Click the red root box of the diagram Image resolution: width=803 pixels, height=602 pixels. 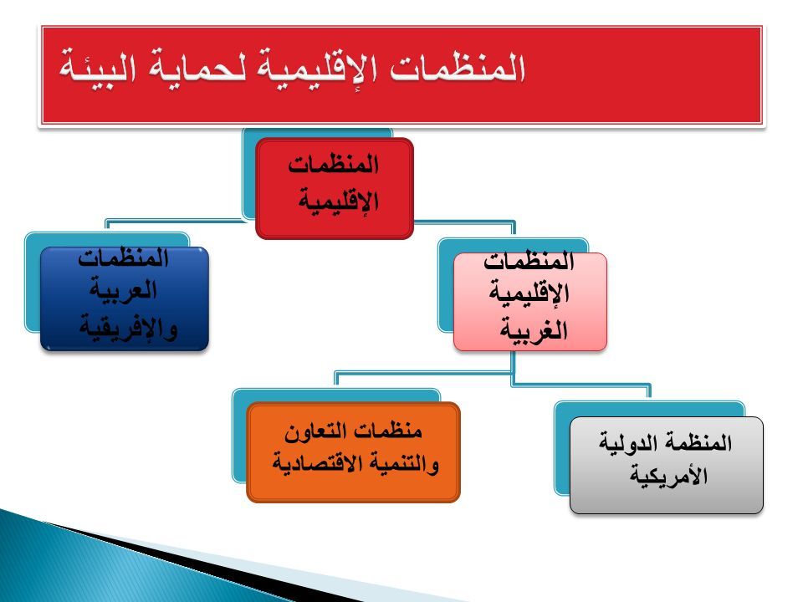[x=334, y=188]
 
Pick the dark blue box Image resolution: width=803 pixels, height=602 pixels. [x=125, y=298]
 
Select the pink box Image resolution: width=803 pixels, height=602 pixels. [x=530, y=302]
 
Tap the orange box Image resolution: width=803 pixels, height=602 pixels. [x=353, y=452]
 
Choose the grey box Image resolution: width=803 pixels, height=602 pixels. [x=667, y=465]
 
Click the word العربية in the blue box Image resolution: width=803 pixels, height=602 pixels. [x=124, y=291]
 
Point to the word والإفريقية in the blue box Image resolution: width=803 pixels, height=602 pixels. [x=128, y=328]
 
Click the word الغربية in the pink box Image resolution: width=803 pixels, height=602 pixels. [x=534, y=329]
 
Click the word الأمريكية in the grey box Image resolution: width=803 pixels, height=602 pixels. [x=668, y=476]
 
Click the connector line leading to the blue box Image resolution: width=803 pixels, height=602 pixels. [x=174, y=221]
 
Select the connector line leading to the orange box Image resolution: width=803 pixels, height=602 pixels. [x=423, y=374]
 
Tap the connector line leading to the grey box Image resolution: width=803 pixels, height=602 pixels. [x=581, y=385]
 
